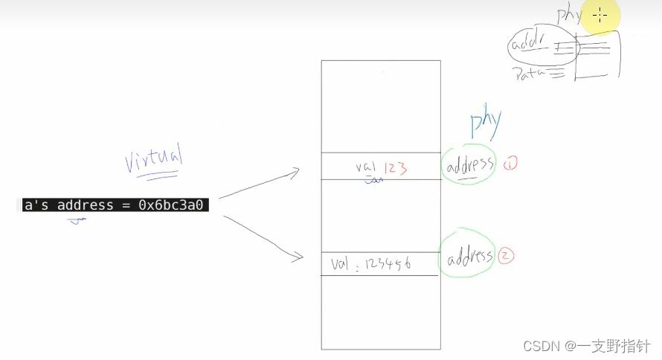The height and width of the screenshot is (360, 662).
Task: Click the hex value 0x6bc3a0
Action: (173, 205)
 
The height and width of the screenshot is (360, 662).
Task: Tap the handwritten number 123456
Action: (394, 263)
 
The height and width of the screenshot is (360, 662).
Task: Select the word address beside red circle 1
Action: (469, 165)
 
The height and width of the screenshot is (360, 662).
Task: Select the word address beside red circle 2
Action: (469, 258)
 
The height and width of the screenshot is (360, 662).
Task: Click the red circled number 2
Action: (507, 257)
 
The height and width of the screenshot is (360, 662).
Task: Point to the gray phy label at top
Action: (569, 15)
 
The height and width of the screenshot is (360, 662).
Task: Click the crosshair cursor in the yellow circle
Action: (600, 15)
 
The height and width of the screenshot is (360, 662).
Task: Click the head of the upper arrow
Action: (296, 172)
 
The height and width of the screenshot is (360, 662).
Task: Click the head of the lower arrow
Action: (299, 257)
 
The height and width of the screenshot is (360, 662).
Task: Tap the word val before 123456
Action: (340, 263)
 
